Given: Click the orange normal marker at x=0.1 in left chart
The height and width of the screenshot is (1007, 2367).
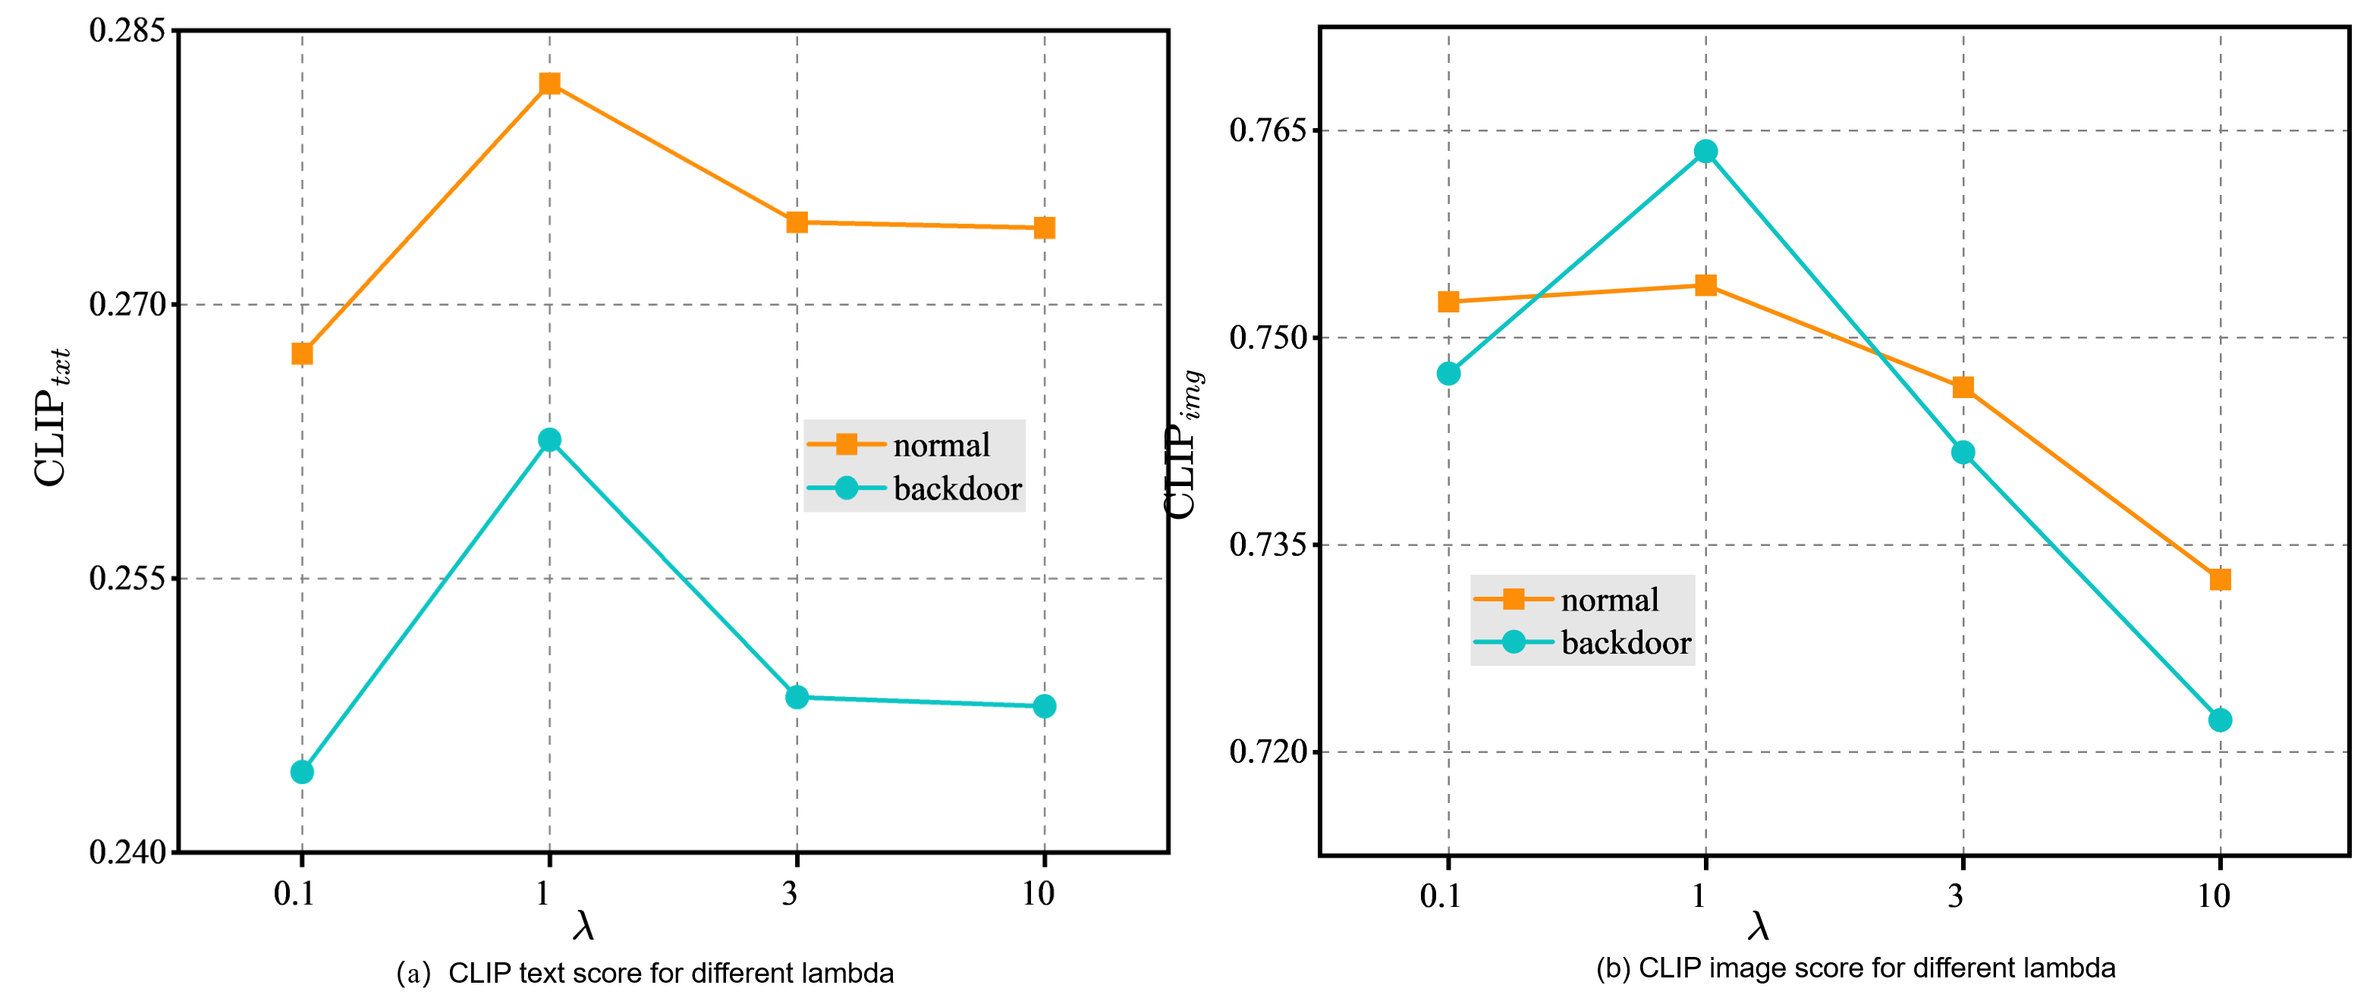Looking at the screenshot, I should click(301, 353).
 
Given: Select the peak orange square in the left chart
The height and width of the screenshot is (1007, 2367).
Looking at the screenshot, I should click(549, 83).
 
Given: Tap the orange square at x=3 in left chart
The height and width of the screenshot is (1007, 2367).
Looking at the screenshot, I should click(797, 222).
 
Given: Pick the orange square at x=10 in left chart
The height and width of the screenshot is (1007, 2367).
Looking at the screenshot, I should click(1044, 227).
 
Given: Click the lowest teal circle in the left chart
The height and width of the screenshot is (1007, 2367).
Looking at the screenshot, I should click(301, 772).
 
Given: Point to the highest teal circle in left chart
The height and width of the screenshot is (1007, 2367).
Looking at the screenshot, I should click(549, 440).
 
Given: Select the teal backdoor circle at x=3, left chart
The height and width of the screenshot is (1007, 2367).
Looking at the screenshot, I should click(797, 698).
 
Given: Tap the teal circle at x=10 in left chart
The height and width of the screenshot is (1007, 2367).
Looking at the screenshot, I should click(1044, 706).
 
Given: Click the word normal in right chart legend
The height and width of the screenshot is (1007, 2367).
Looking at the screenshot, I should click(1609, 600).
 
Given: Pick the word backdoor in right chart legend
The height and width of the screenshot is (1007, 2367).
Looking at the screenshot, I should click(1626, 643).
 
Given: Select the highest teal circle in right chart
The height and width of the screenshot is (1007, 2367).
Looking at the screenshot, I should click(1705, 151).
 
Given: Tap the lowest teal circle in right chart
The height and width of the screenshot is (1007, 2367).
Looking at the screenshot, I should click(2220, 720).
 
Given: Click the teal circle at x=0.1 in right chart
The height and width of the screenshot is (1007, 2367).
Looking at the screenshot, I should click(1448, 373).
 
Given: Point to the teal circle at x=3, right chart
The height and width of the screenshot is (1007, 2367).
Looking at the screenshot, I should click(1963, 452).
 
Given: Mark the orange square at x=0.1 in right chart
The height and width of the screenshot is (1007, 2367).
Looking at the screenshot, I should click(1448, 301).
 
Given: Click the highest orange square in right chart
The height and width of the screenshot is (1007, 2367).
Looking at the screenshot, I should click(1705, 286).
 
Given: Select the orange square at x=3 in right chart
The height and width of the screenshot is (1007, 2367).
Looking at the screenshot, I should click(1963, 387).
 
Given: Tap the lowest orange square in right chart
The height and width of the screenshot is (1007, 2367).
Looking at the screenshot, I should click(2220, 580).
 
